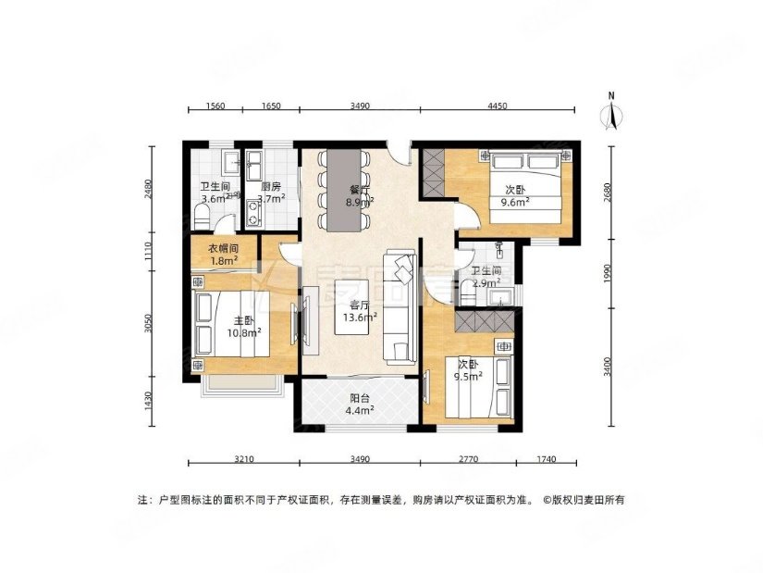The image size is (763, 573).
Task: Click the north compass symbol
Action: point(610,113)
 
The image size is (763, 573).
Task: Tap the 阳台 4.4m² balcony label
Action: point(359,405)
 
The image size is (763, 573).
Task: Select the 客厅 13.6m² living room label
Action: point(358,310)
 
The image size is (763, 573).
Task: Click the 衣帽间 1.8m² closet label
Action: point(223,255)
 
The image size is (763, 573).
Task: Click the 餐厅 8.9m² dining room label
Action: point(359,197)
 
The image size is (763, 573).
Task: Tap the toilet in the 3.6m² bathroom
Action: point(203,216)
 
